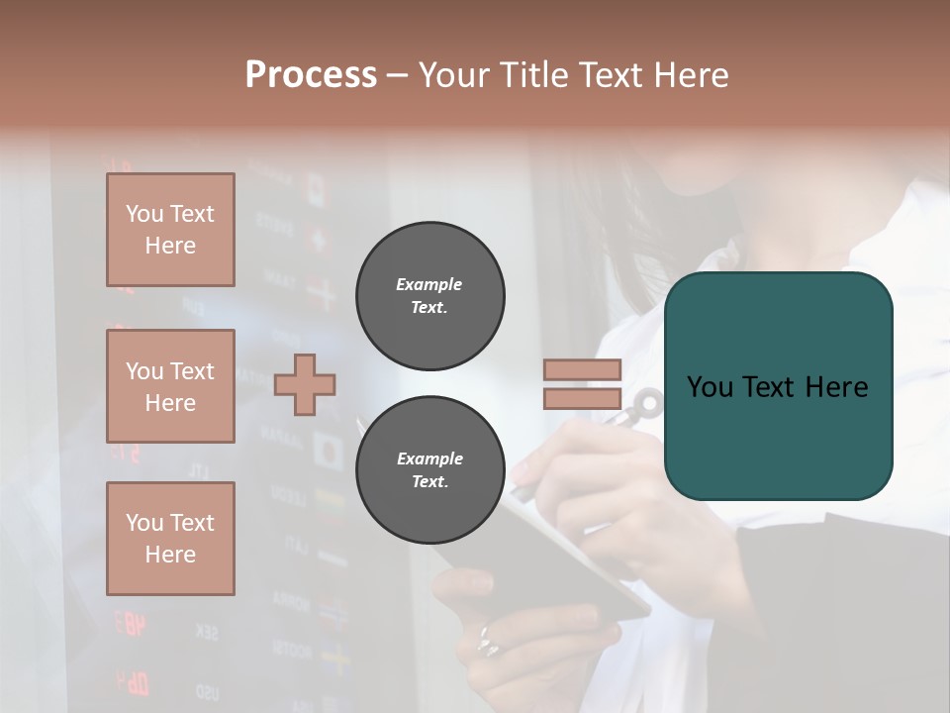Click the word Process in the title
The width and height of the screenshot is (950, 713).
(311, 75)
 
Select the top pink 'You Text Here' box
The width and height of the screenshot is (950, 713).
(170, 230)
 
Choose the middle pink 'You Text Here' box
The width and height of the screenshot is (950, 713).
(170, 386)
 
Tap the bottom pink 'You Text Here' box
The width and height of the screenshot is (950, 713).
(170, 539)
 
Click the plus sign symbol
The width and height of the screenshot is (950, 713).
(305, 384)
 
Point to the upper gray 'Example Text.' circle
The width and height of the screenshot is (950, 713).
(429, 295)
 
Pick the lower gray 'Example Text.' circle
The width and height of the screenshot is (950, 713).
(429, 469)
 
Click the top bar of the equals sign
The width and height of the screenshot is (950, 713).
(582, 369)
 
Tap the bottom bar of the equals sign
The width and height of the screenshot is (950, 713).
(582, 398)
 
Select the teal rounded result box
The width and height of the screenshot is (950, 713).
(778, 386)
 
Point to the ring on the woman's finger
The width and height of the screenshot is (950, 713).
(487, 643)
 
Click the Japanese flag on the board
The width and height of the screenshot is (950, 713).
(328, 451)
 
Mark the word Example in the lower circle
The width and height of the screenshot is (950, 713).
(429, 458)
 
